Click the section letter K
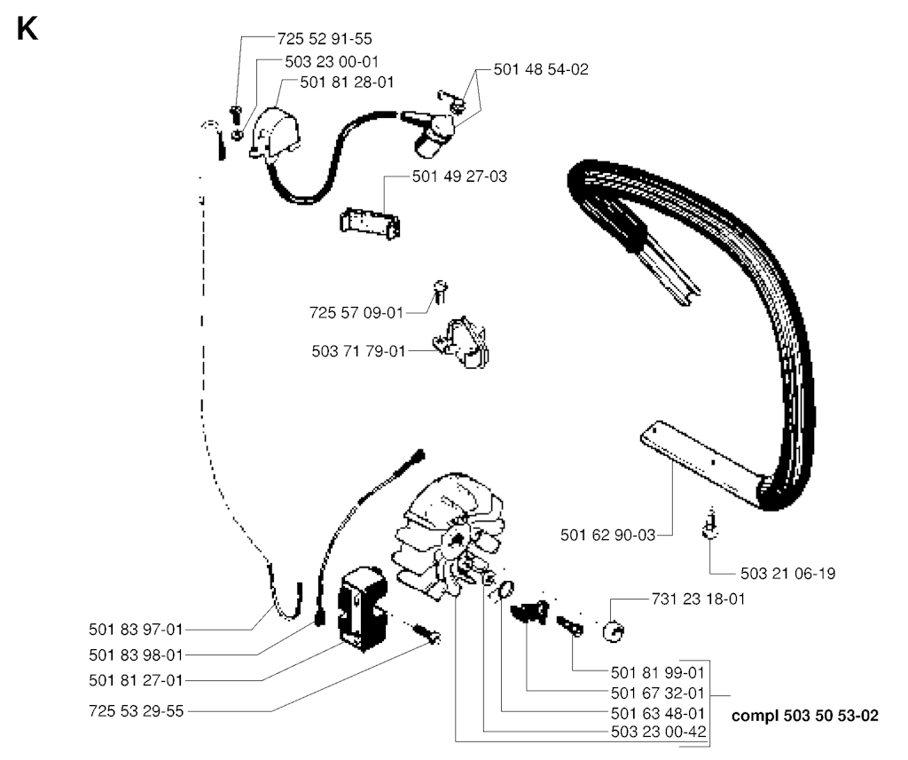click(27, 29)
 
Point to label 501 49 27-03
click(459, 176)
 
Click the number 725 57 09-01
click(356, 312)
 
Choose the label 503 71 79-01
click(358, 351)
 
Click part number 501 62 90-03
click(607, 534)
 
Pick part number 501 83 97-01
click(136, 630)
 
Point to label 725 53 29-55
click(136, 711)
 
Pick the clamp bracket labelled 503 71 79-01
click(460, 341)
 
